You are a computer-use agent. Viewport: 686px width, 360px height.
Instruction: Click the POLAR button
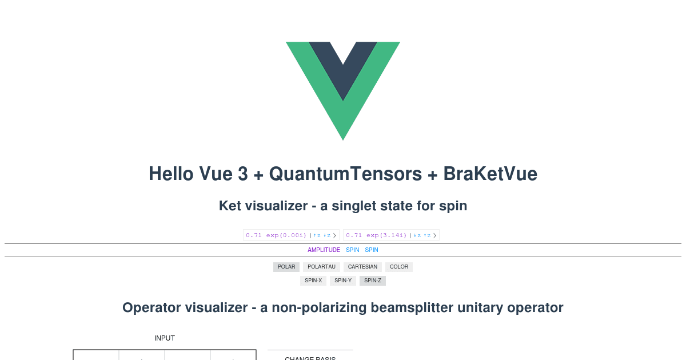click(286, 267)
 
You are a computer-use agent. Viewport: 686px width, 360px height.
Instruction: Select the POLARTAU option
click(321, 267)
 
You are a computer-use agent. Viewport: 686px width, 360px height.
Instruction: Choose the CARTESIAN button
click(362, 267)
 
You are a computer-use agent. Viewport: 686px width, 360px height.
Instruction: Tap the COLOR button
click(399, 267)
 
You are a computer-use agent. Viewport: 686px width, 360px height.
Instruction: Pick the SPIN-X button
click(313, 281)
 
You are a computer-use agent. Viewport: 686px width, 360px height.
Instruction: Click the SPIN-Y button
click(343, 281)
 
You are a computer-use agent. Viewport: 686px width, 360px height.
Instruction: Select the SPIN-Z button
click(373, 281)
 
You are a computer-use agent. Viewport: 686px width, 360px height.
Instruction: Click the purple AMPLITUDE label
click(324, 250)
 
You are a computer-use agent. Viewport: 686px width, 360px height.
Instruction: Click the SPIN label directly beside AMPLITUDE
click(353, 250)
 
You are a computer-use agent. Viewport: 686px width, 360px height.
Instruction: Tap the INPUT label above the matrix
click(165, 338)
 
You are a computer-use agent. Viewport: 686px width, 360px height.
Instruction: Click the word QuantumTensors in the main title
click(345, 174)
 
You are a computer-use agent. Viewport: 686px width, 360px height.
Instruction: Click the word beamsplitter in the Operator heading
click(410, 307)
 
